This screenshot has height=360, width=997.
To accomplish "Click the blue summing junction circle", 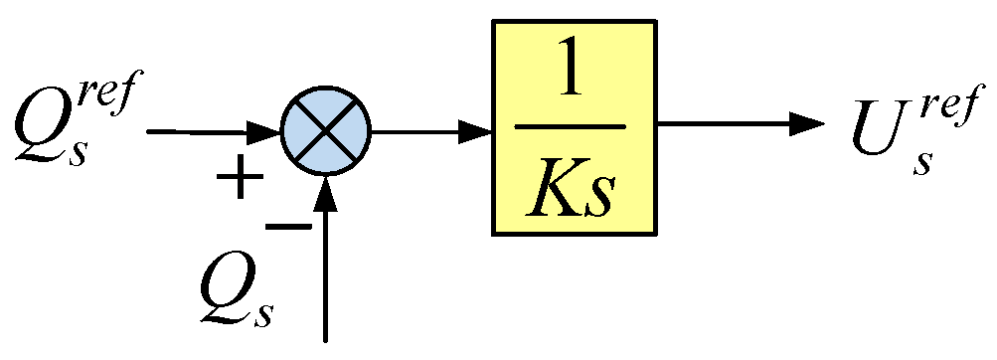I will tap(326, 130).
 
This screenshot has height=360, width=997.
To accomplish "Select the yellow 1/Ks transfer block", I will tap(575, 128).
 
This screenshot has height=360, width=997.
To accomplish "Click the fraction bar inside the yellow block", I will tap(575, 128).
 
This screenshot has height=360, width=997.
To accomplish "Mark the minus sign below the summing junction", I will tap(288, 227).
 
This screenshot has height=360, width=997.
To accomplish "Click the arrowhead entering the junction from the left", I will tap(266, 130).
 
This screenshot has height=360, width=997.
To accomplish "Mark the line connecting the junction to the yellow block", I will tap(417, 129).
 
